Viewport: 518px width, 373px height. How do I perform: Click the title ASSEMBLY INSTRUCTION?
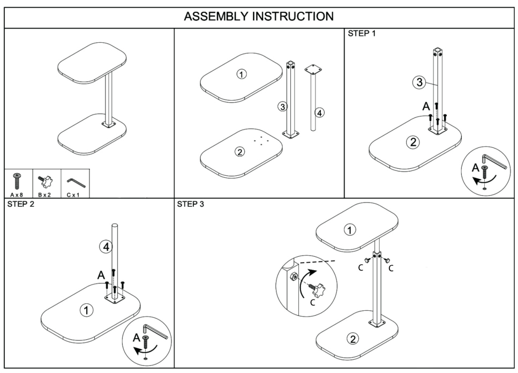[259, 16]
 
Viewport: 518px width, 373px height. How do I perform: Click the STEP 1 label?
[363, 34]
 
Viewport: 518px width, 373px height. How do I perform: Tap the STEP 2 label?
[21, 204]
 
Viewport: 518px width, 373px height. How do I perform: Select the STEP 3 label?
[191, 204]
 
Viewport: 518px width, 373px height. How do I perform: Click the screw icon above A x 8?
[17, 180]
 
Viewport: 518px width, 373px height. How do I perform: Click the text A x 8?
[17, 194]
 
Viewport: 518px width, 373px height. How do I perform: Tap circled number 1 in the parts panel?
[242, 74]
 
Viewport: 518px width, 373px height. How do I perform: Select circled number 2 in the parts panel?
[240, 152]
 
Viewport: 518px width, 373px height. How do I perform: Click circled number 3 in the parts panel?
[282, 107]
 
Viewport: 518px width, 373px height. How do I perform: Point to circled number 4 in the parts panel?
[319, 113]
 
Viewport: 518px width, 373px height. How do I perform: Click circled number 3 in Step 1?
[419, 82]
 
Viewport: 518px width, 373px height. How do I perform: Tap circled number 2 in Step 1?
[413, 142]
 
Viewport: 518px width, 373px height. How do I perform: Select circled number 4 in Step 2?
[106, 247]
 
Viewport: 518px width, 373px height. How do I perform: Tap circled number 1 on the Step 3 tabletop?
[350, 230]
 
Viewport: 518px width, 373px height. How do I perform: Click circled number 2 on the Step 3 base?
[352, 338]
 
